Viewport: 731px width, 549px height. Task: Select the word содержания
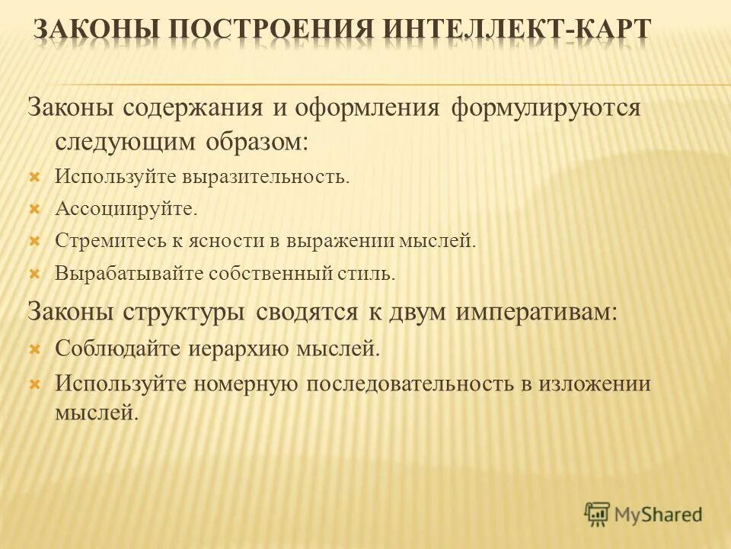190,107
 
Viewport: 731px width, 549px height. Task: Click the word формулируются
546,107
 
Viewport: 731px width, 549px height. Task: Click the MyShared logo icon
597,515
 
